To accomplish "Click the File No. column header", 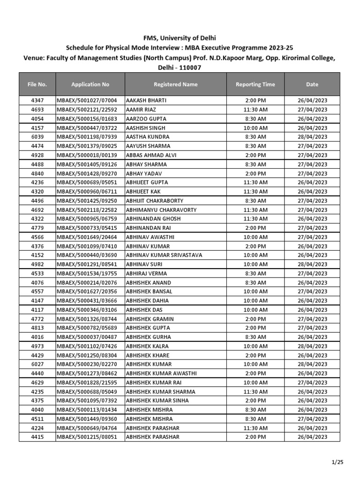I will click(37, 84).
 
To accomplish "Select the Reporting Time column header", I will click(255, 84).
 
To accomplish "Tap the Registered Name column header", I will click(176, 84).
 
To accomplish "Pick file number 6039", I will click(37, 137).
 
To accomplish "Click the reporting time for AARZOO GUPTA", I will click(255, 119).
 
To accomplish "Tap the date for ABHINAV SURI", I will click(312, 264).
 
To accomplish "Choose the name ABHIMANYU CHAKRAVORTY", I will click(161, 210).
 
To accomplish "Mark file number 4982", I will click(37, 264).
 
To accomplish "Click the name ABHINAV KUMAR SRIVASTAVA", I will click(164, 255).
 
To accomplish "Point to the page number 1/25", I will click(337, 463).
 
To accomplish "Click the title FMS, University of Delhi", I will click(180, 38).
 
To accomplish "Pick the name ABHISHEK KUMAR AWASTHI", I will click(161, 374).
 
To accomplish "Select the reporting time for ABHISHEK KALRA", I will click(255, 346).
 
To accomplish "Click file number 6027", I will click(37, 364).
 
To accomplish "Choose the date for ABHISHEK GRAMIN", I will click(312, 319).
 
